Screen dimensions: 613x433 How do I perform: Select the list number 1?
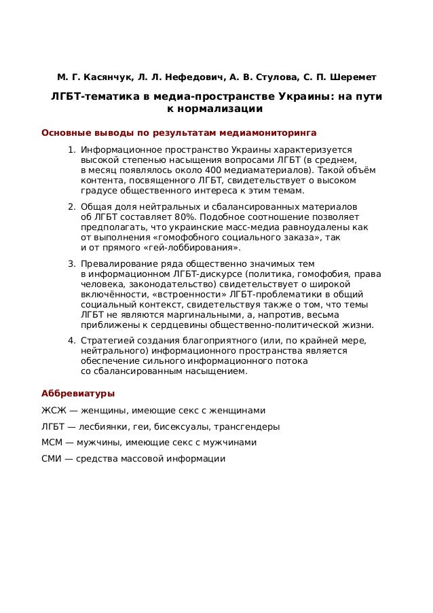[x=71, y=149]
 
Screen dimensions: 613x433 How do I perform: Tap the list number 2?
[x=71, y=206]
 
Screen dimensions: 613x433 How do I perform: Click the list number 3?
[x=71, y=263]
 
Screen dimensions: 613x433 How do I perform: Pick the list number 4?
[x=71, y=339]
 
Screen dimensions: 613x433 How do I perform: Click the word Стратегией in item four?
[x=106, y=339]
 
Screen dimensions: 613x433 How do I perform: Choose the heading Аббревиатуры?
[x=78, y=393]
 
